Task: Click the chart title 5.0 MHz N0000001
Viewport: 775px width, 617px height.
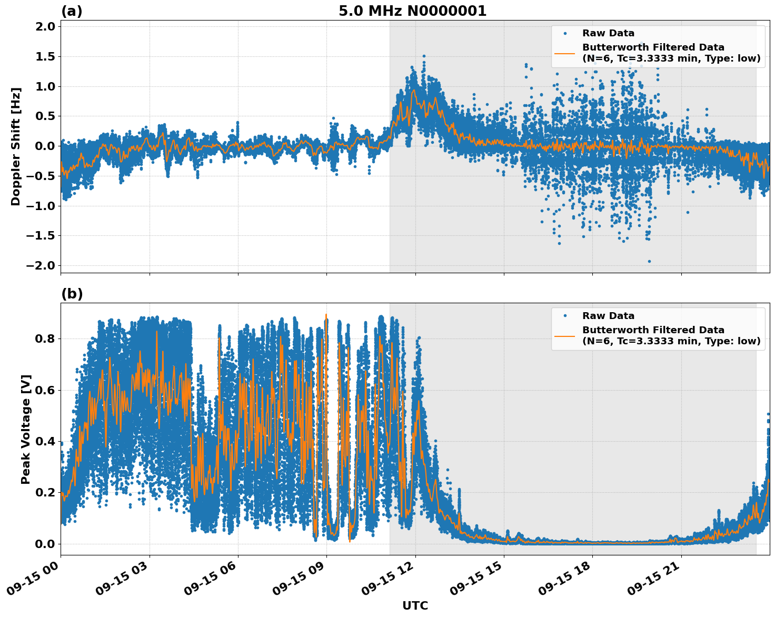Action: pyautogui.click(x=412, y=11)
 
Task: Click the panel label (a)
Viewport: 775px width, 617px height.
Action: pyautogui.click(x=72, y=11)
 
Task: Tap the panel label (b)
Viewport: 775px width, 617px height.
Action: pyautogui.click(x=72, y=294)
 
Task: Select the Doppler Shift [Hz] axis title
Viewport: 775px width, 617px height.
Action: pyautogui.click(x=16, y=146)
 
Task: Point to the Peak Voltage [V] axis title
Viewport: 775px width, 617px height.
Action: pyautogui.click(x=26, y=429)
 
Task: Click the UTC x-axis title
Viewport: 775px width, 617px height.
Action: pyautogui.click(x=415, y=605)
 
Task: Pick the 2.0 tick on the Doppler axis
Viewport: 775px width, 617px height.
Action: pyautogui.click(x=44, y=27)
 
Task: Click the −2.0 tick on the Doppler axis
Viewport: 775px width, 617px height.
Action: pyautogui.click(x=41, y=265)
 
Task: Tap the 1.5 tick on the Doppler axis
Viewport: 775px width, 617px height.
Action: pyautogui.click(x=44, y=56)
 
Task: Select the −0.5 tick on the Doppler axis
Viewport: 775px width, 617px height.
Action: pyautogui.click(x=41, y=176)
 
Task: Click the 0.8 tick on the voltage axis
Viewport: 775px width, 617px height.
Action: pyautogui.click(x=44, y=339)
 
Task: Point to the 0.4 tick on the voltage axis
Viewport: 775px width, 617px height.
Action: pyautogui.click(x=44, y=441)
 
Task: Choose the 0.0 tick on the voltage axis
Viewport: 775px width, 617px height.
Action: pyautogui.click(x=44, y=544)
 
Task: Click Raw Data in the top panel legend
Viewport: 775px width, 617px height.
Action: pyautogui.click(x=608, y=33)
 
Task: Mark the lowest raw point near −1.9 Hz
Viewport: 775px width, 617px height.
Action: pyautogui.click(x=649, y=261)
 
